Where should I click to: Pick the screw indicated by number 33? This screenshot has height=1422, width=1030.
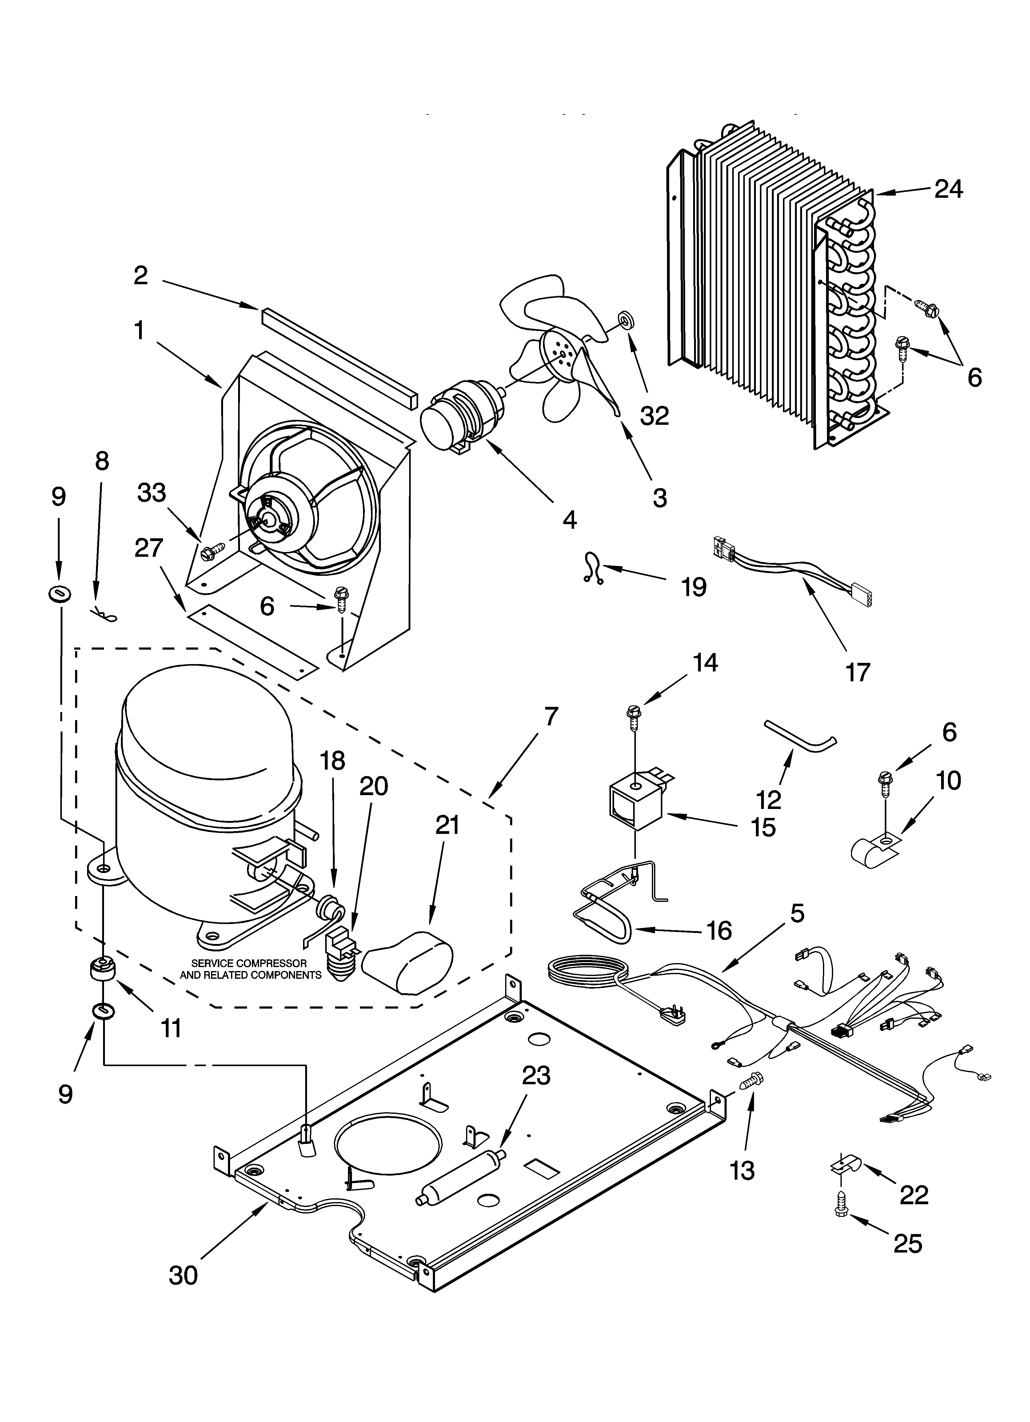pos(209,552)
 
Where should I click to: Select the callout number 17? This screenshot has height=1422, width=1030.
pos(857,672)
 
